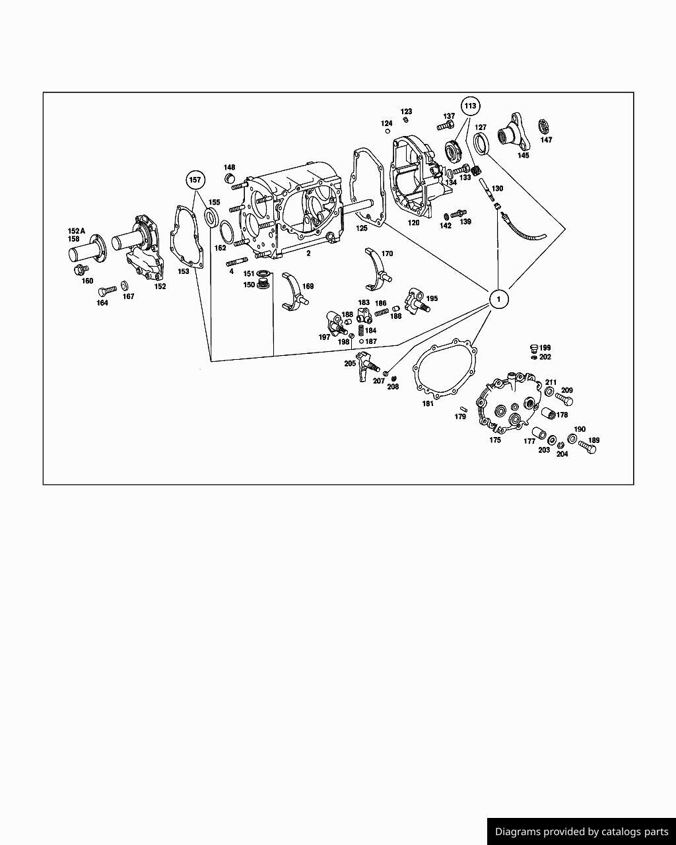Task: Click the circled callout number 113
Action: coord(470,106)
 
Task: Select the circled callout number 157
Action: coord(195,180)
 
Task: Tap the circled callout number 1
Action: coord(498,299)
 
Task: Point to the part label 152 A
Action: coord(76,231)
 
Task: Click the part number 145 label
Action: coord(523,156)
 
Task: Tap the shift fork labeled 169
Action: coord(294,292)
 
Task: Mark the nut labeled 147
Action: coord(545,125)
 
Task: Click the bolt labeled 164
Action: coord(106,290)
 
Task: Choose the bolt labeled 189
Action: coord(587,447)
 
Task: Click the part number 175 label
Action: coord(495,440)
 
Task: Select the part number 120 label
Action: coord(413,223)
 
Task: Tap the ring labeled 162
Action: coord(226,232)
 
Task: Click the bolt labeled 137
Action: coord(446,125)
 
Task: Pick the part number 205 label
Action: coord(350,364)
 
